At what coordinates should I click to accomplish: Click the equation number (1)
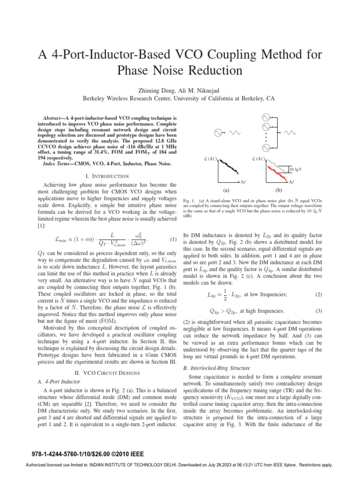point(173,240)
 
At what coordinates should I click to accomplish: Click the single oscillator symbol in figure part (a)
point(218,133)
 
